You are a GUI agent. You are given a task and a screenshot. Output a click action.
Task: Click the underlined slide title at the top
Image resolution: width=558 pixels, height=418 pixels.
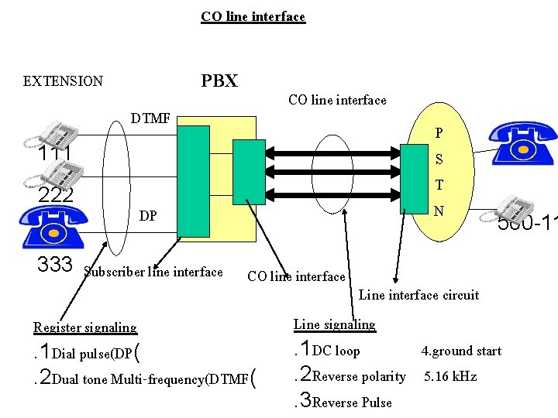(x=253, y=16)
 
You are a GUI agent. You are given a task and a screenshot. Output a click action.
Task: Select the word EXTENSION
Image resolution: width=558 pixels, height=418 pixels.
(x=63, y=81)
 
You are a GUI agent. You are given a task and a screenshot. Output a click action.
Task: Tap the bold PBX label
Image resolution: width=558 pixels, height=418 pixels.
(x=219, y=81)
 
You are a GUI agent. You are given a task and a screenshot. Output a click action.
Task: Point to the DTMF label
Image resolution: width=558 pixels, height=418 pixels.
(x=151, y=118)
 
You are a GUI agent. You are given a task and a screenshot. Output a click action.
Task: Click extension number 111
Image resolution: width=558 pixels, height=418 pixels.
(x=55, y=154)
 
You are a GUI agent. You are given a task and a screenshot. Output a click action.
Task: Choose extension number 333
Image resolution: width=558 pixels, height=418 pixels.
(x=55, y=265)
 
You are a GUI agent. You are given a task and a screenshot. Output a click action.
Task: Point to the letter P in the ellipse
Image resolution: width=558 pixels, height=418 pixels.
(x=439, y=133)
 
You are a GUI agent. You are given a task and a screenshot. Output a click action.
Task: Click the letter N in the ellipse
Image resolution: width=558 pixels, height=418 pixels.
(x=439, y=211)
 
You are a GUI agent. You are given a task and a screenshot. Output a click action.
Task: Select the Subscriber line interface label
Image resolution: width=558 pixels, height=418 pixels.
(x=153, y=272)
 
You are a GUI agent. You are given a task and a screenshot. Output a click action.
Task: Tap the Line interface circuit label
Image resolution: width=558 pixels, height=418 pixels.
(x=418, y=295)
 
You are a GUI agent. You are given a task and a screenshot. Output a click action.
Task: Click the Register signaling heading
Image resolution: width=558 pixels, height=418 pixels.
(x=84, y=327)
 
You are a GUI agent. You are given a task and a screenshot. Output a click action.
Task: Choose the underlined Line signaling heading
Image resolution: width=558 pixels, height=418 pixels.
(x=334, y=324)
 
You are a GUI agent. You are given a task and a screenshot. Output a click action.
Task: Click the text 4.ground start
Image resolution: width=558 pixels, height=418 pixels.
(x=461, y=351)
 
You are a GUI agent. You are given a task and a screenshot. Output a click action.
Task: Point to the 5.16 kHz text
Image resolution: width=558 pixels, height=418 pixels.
(x=450, y=377)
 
